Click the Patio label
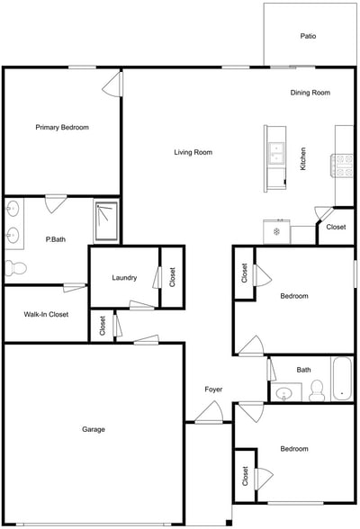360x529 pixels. point(308,37)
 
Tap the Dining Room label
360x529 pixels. point(310,93)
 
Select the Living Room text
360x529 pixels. point(193,152)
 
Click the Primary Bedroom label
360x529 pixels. point(62,128)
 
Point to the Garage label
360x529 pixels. point(94,429)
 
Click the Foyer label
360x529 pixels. point(213,390)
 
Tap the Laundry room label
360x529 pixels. point(124,278)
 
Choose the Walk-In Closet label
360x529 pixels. point(46,315)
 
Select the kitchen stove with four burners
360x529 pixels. point(344,165)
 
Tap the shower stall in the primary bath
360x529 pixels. point(106,220)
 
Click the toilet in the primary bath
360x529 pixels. point(14,267)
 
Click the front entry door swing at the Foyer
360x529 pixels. point(211,413)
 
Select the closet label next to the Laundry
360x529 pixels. point(173,278)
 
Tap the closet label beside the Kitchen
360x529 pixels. point(336,228)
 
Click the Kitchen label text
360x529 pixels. point(303,158)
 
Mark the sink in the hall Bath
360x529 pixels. point(287,392)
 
